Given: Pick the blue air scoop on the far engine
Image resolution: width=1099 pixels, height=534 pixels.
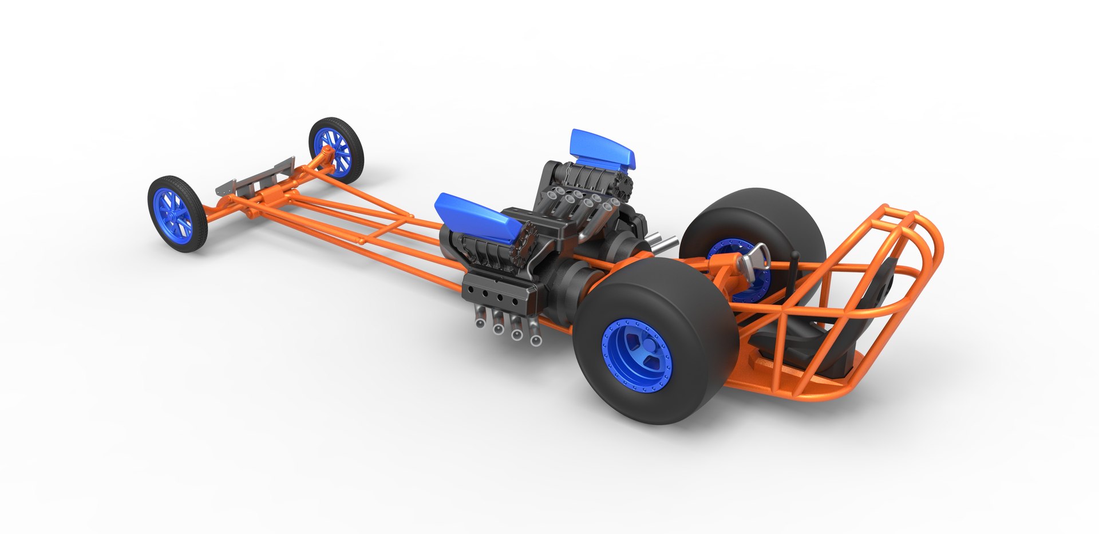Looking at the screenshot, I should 601,148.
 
